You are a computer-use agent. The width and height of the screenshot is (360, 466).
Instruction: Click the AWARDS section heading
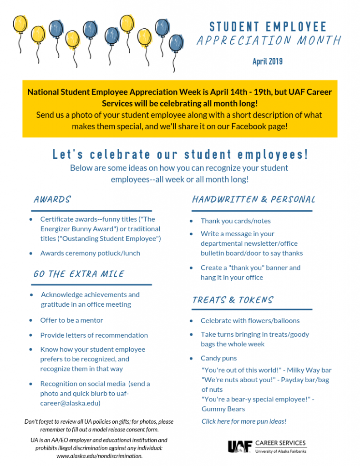[52, 200]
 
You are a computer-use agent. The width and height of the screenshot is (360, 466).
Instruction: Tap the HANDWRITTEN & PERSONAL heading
[254, 200]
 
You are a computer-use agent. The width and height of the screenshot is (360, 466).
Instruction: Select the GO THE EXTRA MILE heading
[79, 274]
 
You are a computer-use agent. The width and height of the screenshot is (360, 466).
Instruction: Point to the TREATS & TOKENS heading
[233, 300]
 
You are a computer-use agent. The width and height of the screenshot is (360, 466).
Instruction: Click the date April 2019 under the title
[268, 61]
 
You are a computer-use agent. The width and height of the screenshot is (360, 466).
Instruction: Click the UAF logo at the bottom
[239, 446]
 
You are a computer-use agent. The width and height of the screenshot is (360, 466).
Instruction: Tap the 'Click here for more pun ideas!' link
[244, 421]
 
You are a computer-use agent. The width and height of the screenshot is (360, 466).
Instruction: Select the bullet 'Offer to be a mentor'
[71, 320]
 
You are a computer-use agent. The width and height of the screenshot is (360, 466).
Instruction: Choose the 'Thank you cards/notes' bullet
[235, 221]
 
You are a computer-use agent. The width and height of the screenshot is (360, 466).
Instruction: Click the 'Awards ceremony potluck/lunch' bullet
[90, 253]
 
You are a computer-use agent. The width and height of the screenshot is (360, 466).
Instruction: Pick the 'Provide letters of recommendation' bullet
[94, 335]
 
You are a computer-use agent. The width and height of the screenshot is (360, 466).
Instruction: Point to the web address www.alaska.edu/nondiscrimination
[99, 456]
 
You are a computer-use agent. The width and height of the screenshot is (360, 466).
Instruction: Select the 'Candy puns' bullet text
[218, 358]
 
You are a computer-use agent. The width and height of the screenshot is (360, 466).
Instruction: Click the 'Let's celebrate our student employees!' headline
[180, 154]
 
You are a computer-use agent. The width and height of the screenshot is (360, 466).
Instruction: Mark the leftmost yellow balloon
[20, 25]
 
